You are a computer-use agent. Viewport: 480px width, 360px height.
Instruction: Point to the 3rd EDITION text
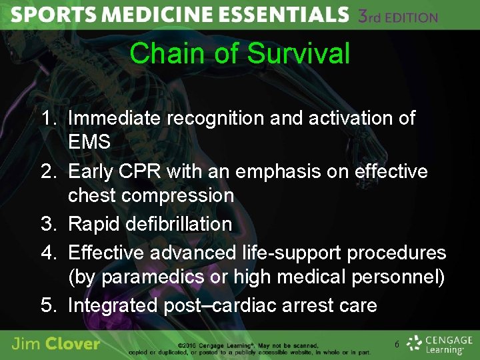tap(397, 15)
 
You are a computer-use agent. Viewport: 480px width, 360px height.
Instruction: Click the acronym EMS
tap(89, 142)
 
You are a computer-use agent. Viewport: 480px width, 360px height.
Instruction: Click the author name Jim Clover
tap(56, 344)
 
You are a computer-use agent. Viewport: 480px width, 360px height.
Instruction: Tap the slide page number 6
tap(397, 345)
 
